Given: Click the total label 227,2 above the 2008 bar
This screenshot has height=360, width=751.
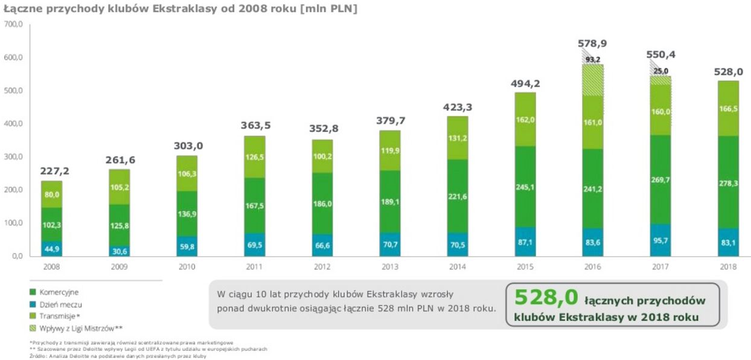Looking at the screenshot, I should click(55, 171).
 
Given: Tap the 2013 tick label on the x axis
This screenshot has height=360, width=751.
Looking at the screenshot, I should click(390, 266).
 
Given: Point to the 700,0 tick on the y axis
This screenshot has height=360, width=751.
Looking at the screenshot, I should click(13, 25).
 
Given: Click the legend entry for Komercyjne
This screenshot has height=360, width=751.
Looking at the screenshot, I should click(59, 292).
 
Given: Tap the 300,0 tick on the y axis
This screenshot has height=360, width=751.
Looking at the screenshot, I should click(13, 157).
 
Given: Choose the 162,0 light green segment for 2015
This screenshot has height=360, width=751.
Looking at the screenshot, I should click(525, 120).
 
